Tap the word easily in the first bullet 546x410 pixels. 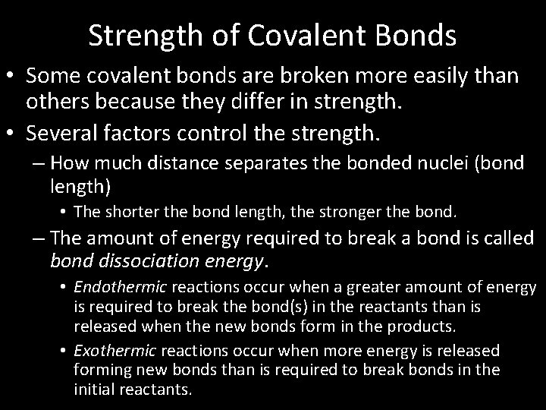(x=429, y=77)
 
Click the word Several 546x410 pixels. (x=58, y=135)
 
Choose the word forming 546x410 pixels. (x=100, y=370)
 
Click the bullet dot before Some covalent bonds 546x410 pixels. (x=11, y=77)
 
